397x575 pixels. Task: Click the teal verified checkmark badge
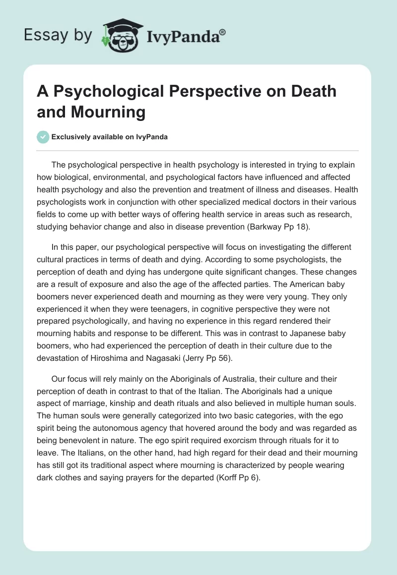point(43,137)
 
